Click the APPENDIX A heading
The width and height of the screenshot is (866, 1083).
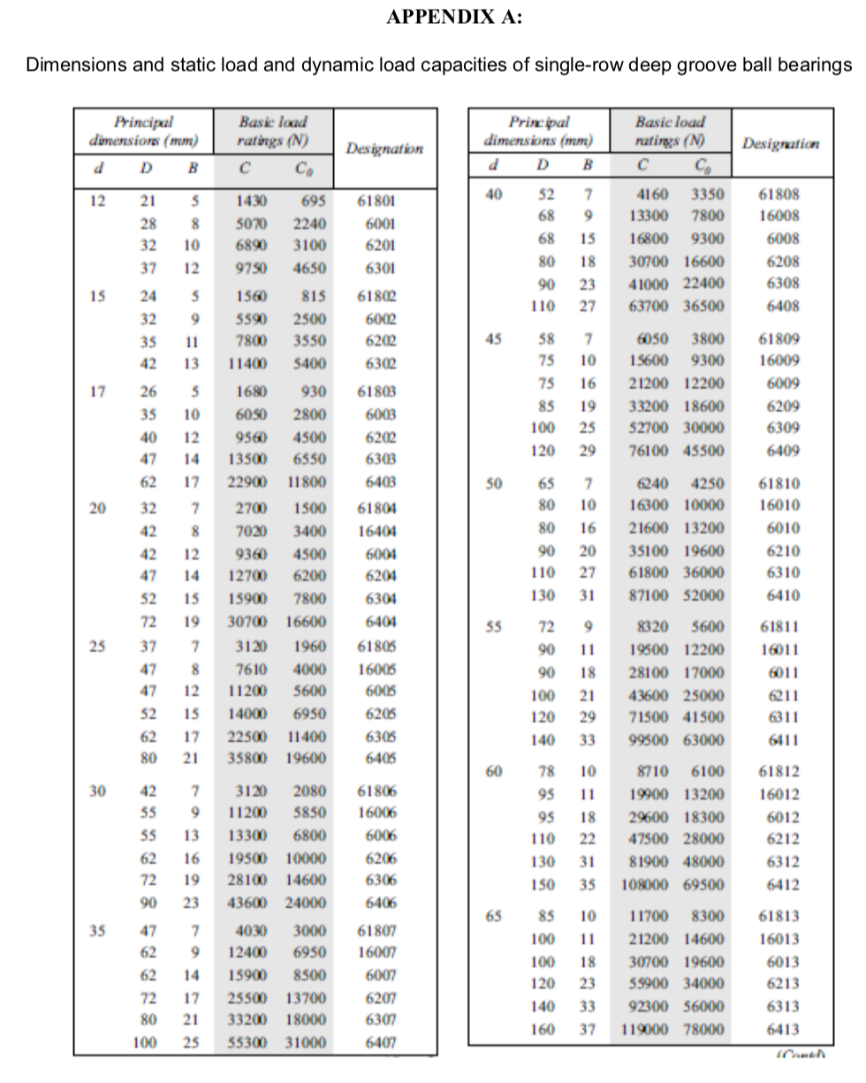pos(454,19)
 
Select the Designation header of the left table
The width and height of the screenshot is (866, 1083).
pos(384,148)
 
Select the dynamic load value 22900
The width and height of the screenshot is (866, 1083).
pos(247,481)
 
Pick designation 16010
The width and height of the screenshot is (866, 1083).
pos(779,505)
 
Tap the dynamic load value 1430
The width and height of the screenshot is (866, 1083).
pos(252,201)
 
